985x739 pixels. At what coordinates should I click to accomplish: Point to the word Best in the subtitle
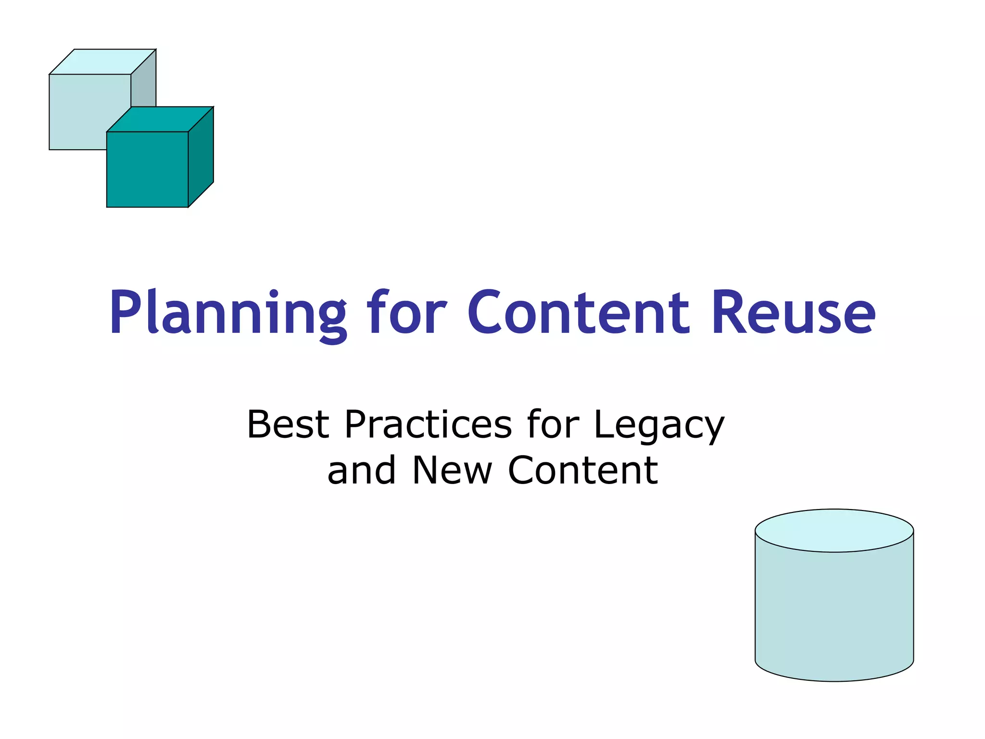(288, 424)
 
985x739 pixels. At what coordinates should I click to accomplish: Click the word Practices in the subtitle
(428, 424)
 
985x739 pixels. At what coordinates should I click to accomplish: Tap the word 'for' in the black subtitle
(553, 424)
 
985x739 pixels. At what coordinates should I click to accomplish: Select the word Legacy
(659, 426)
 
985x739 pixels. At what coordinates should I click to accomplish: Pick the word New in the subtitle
(452, 471)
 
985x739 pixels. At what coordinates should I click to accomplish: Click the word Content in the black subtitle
(583, 471)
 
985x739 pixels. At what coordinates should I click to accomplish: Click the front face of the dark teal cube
(147, 169)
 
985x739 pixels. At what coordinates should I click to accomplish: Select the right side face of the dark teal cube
(201, 156)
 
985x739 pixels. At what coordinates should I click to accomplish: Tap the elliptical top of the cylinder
(834, 530)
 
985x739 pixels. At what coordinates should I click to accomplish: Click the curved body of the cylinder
(834, 616)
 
